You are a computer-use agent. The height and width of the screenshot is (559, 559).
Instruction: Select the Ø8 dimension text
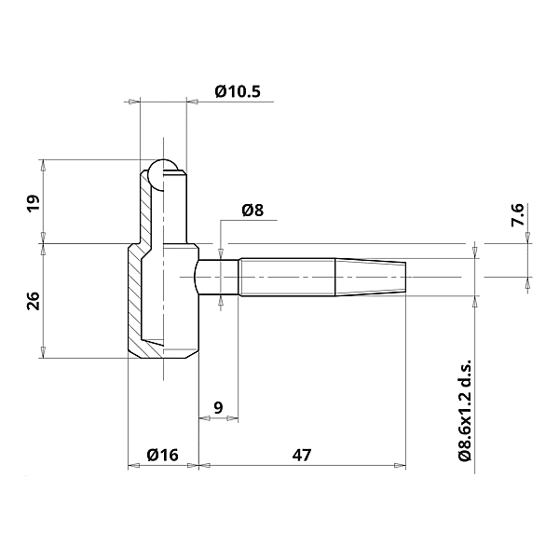pos(252,211)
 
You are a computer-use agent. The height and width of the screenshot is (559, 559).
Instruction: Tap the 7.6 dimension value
pos(518,216)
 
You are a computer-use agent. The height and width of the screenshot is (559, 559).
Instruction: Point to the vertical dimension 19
pos(33,204)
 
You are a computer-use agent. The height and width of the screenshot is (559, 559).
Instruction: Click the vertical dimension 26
pos(33,300)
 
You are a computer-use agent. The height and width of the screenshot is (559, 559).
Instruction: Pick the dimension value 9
pos(218,407)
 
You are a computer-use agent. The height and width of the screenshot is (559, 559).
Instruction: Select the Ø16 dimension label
pos(162,455)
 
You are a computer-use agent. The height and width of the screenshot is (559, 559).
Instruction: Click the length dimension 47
pos(301,455)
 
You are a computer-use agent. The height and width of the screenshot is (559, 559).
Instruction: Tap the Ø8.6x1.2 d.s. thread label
pos(463,410)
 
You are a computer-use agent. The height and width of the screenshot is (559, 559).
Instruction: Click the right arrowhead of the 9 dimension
pos(234,418)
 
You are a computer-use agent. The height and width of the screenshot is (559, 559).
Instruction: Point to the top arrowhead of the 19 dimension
pos(43,163)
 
